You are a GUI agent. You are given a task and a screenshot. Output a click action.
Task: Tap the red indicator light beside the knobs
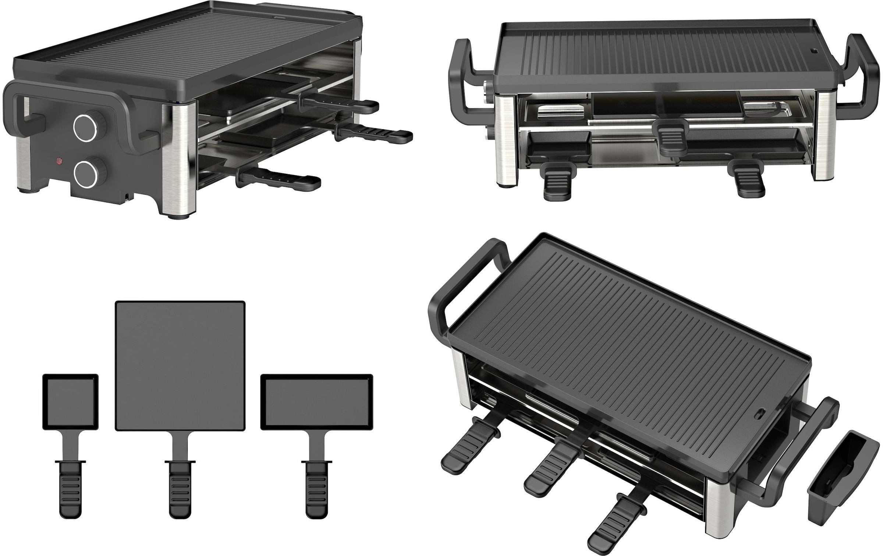point(58,161)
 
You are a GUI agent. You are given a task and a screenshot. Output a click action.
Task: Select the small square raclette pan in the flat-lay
point(71,402)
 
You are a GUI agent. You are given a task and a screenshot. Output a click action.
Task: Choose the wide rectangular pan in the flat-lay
point(316,402)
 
